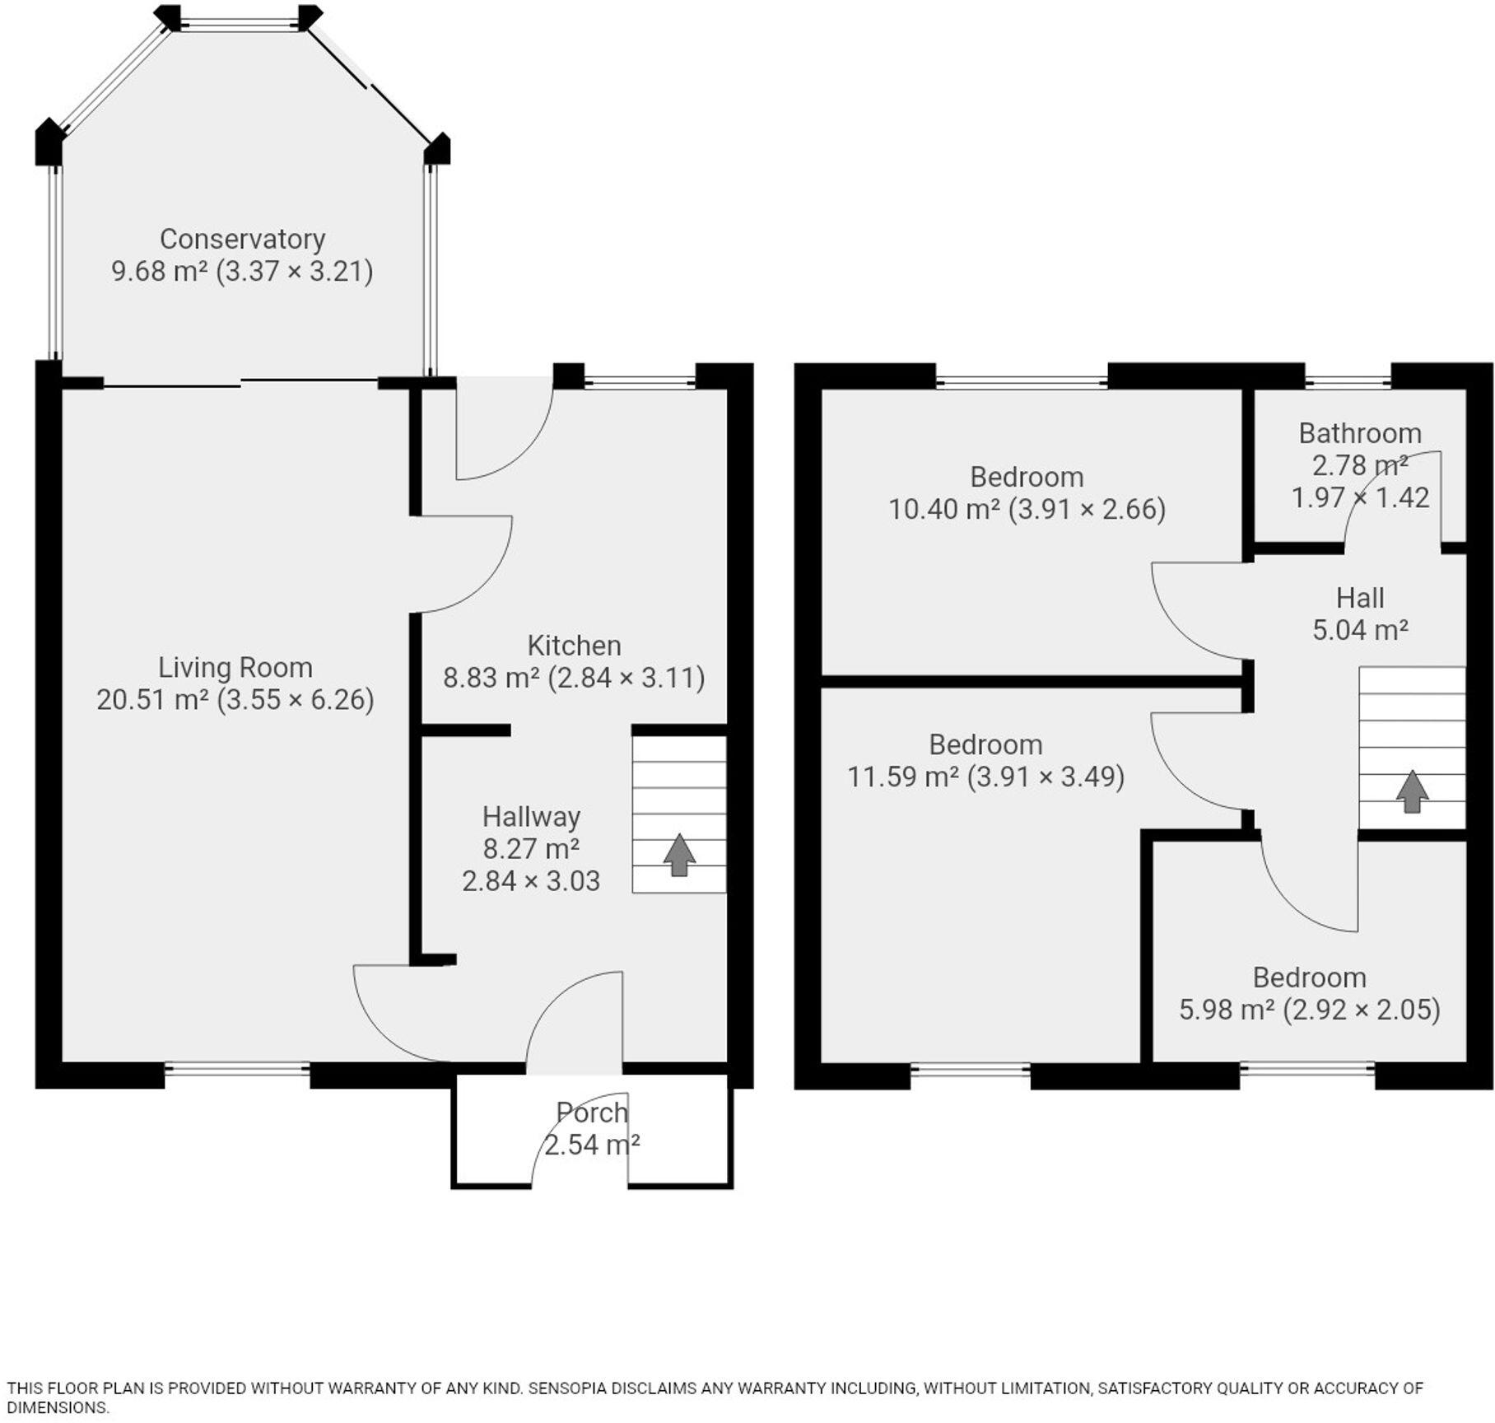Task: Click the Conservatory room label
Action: (242, 239)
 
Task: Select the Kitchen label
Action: (574, 645)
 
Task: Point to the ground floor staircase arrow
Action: (679, 855)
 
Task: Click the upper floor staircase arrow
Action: (1412, 791)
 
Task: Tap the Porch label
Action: (592, 1113)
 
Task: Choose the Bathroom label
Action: (1360, 433)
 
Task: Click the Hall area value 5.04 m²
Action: (1360, 630)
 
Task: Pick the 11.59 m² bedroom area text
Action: (903, 777)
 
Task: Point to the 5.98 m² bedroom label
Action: (1309, 977)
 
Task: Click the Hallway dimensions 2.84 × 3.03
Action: (531, 881)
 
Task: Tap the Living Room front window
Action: (237, 1070)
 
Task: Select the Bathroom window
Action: (1348, 381)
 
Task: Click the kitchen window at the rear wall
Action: (640, 381)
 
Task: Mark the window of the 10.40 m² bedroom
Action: (1022, 381)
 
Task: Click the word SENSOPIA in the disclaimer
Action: (567, 1388)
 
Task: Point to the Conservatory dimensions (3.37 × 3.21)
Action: (295, 271)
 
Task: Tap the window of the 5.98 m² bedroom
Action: (1307, 1070)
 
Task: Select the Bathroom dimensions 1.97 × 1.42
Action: (1360, 497)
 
